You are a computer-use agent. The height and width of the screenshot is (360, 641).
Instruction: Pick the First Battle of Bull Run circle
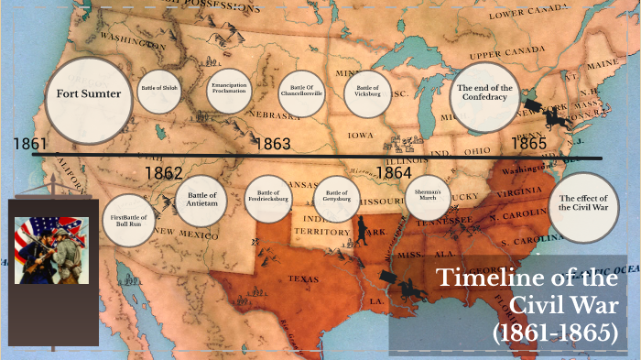[128, 221]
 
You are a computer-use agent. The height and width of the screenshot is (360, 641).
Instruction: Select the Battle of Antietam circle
[201, 200]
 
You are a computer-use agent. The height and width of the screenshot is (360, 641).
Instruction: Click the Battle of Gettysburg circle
[337, 198]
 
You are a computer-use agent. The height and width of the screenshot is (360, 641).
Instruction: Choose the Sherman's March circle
[427, 197]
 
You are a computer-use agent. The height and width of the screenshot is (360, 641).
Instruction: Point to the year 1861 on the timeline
[30, 145]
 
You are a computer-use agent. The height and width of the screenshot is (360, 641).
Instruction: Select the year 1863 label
[272, 144]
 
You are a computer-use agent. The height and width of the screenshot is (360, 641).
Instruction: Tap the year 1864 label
[394, 172]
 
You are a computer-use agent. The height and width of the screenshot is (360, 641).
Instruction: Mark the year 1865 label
[528, 144]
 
